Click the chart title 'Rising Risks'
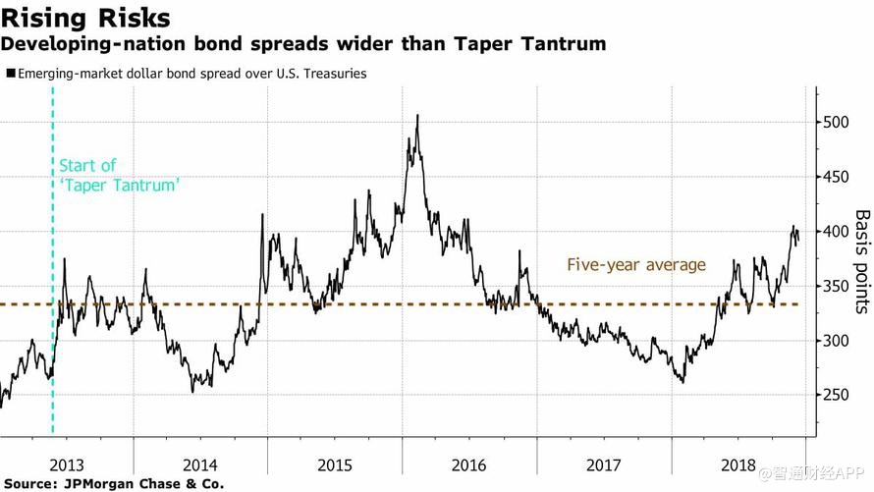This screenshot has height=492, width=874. point(85,18)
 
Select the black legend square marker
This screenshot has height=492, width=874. point(11,74)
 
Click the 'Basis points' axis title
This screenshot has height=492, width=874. point(861,261)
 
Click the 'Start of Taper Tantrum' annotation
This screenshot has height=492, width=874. point(119,175)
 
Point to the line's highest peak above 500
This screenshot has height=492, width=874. point(417,116)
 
